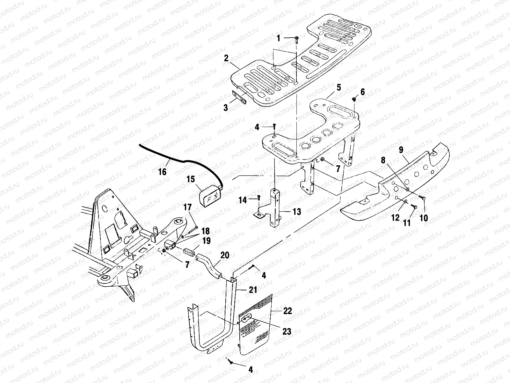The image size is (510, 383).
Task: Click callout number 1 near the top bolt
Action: pyautogui.click(x=278, y=38)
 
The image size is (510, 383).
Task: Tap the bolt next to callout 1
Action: pyautogui.click(x=297, y=39)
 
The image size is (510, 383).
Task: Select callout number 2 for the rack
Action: pyautogui.click(x=226, y=58)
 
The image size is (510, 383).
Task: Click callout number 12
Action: pyautogui.click(x=395, y=218)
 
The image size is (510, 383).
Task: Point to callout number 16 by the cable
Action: pyautogui.click(x=162, y=172)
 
